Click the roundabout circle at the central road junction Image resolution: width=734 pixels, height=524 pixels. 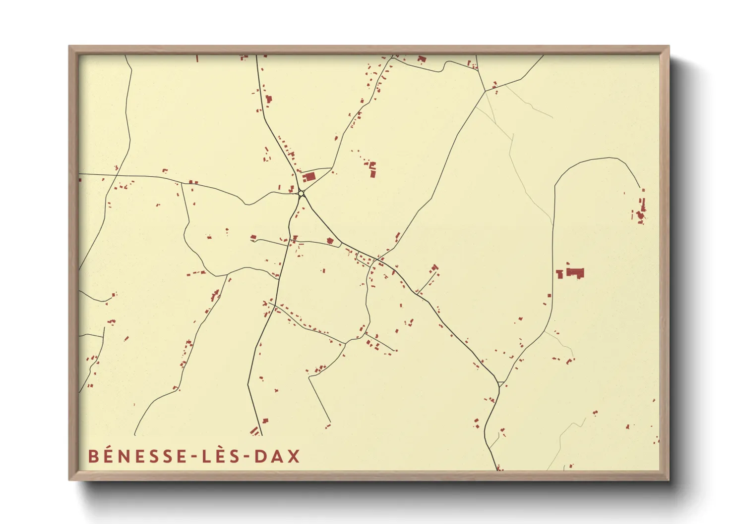pyautogui.click(x=301, y=193)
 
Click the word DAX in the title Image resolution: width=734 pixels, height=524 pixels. pyautogui.click(x=277, y=456)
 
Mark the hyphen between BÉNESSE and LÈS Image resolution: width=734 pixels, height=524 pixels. pyautogui.click(x=194, y=457)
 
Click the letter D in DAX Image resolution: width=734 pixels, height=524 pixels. pyautogui.click(x=261, y=456)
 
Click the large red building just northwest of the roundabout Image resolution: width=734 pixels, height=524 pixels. pyautogui.click(x=309, y=177)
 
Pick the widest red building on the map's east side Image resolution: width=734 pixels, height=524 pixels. pyautogui.click(x=575, y=272)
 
